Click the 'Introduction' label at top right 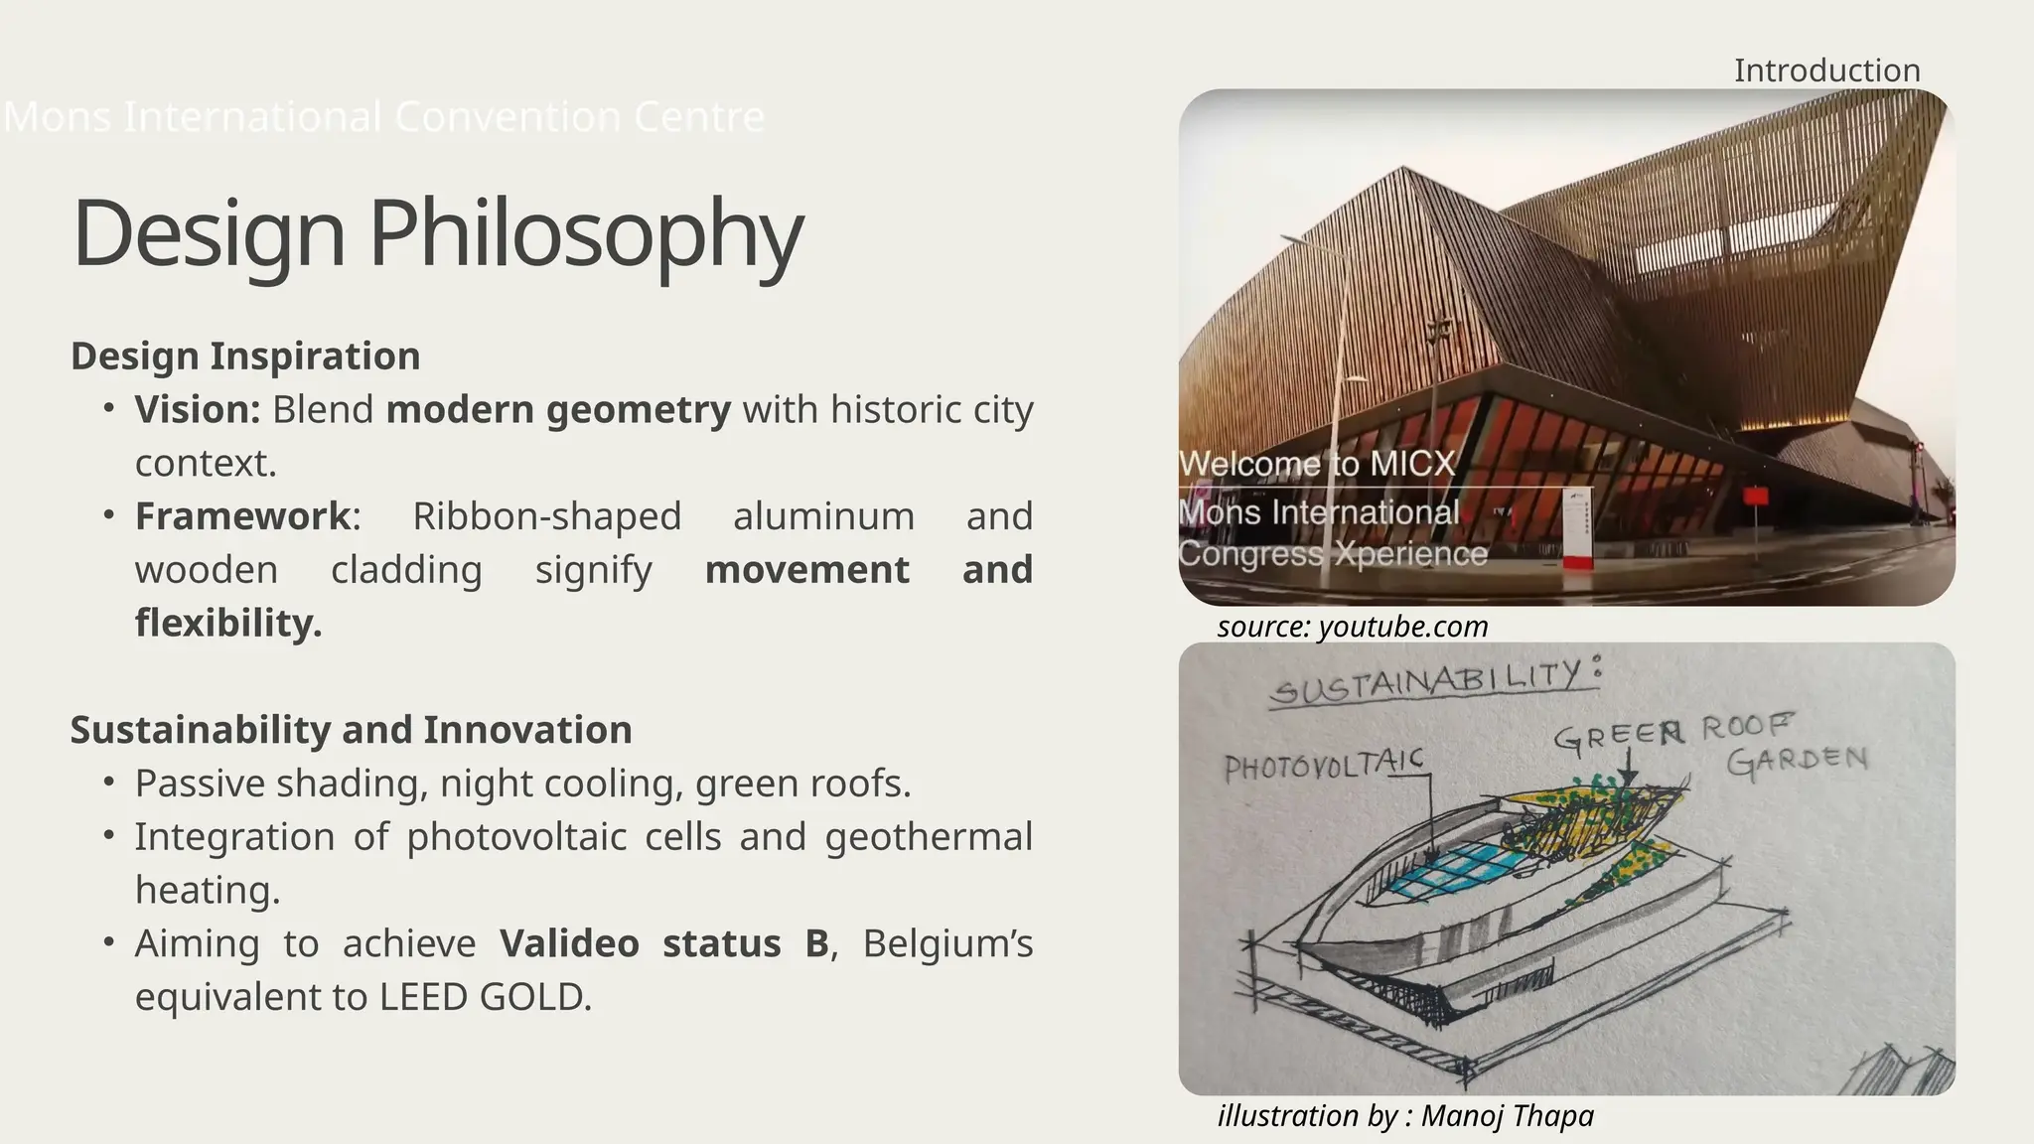click(1826, 71)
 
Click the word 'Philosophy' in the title click(586, 233)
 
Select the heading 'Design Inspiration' click(245, 356)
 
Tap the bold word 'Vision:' click(198, 409)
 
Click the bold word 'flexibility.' click(228, 623)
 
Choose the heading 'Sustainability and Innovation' click(351, 730)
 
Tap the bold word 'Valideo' click(569, 943)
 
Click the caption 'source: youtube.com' click(1353, 627)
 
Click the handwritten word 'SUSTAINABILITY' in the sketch click(1427, 684)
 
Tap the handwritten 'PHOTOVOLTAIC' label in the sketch click(1323, 765)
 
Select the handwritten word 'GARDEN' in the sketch click(1797, 762)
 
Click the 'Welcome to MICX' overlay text click(1317, 464)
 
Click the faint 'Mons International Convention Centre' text click(384, 117)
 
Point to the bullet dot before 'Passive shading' click(108, 783)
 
